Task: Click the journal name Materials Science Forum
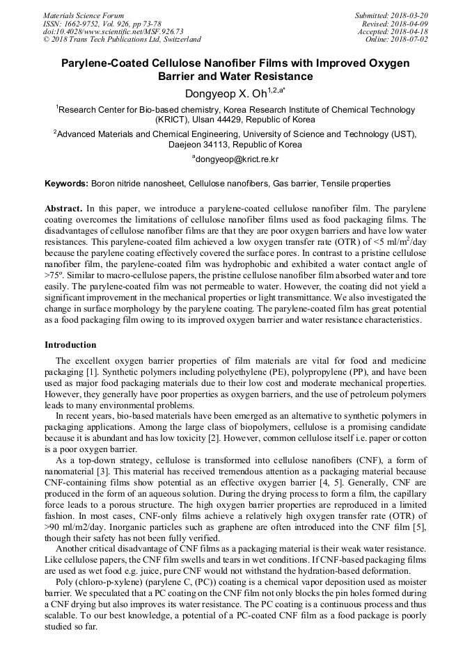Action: click(x=84, y=15)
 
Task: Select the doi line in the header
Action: click(x=113, y=31)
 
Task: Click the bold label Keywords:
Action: click(x=66, y=184)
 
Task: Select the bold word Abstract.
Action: click(x=63, y=209)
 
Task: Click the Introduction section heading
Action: click(x=70, y=345)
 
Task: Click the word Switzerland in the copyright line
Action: click(x=180, y=40)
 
